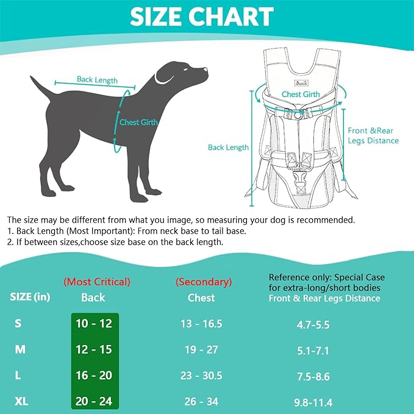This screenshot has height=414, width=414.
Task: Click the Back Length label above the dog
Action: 96,79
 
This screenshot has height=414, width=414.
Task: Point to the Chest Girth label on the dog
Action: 138,122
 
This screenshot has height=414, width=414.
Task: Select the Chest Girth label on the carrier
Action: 301,95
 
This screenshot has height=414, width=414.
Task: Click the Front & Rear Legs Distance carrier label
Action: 373,135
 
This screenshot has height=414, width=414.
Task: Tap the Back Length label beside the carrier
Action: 228,147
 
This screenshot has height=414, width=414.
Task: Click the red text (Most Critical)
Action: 97,282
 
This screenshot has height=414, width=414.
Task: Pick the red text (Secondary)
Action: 204,282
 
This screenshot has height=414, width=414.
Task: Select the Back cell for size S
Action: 95,324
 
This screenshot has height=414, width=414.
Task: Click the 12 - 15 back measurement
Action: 95,349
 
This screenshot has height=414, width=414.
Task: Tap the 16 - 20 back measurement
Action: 95,376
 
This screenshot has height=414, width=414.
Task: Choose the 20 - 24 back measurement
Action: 95,401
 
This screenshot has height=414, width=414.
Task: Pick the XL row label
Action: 21,401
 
